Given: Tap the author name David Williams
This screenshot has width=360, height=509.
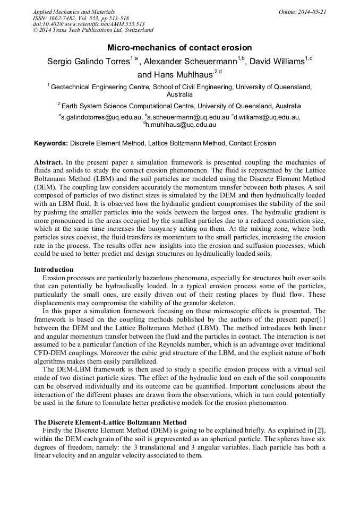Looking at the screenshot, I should (277, 62).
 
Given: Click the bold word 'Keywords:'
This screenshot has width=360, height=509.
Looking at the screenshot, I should (51, 143).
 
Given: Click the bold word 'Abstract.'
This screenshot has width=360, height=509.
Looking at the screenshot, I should (49, 162).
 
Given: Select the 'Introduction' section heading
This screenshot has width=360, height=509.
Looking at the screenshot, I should (54, 270).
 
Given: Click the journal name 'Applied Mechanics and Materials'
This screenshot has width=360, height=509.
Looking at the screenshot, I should (74, 12).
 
